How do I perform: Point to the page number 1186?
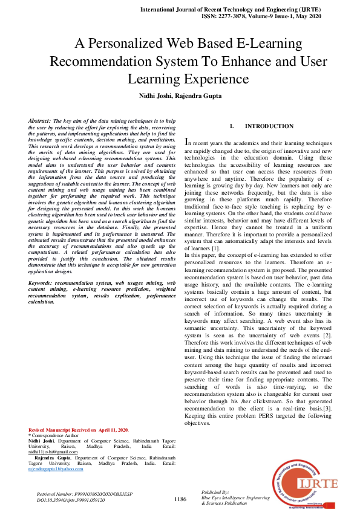point(180,499)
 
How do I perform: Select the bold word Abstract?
point(39,122)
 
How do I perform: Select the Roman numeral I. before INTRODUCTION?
point(232,126)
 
